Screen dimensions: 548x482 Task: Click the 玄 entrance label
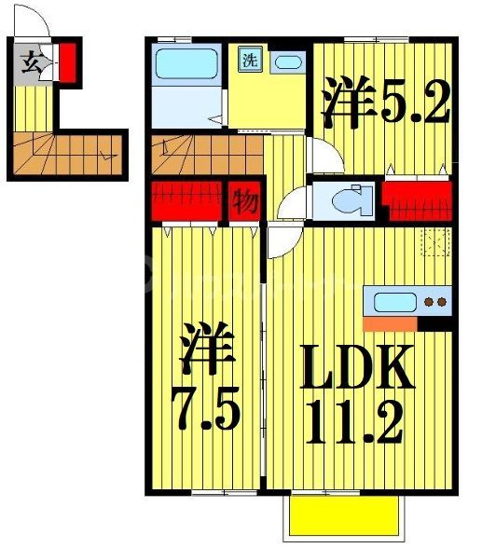pyautogui.click(x=31, y=63)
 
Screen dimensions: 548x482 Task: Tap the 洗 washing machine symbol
pyautogui.click(x=251, y=59)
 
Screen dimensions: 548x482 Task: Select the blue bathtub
pyautogui.click(x=186, y=64)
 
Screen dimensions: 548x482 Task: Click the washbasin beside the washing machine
pyautogui.click(x=290, y=62)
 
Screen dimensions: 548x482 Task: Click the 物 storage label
pyautogui.click(x=245, y=201)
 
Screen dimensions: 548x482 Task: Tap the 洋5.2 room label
pyautogui.click(x=384, y=104)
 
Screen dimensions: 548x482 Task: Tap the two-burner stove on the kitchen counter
pyautogui.click(x=434, y=301)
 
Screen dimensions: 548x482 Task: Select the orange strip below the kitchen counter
pyautogui.click(x=390, y=323)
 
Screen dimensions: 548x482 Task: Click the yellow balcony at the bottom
pyautogui.click(x=345, y=514)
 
